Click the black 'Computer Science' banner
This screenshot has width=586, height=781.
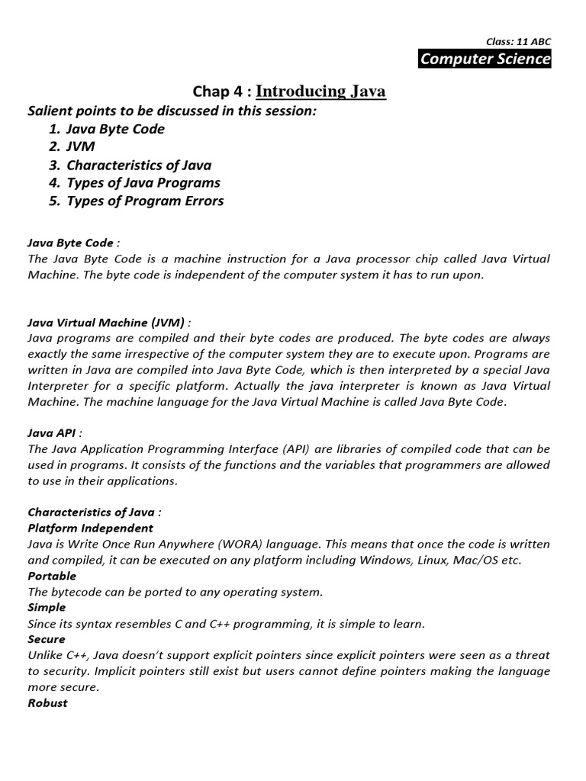[x=485, y=59]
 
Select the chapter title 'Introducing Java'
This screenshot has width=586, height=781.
[x=320, y=92]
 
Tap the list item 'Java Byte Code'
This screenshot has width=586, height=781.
[x=115, y=129]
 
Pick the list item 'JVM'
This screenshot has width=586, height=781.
[x=82, y=147]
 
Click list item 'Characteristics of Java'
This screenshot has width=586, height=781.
[x=139, y=165]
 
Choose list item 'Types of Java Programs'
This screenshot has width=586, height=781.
[x=143, y=183]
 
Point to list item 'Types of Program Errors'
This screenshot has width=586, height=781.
[x=145, y=201]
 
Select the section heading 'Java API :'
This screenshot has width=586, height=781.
[x=56, y=432]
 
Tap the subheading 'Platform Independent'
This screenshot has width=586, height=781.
[x=90, y=528]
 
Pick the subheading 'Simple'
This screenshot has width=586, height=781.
[x=47, y=607]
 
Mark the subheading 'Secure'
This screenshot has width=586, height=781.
[x=47, y=639]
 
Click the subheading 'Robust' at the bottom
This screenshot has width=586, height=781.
[x=47, y=702]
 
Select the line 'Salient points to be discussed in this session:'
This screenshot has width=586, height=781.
[x=172, y=111]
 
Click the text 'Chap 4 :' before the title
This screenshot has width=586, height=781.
[x=221, y=92]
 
